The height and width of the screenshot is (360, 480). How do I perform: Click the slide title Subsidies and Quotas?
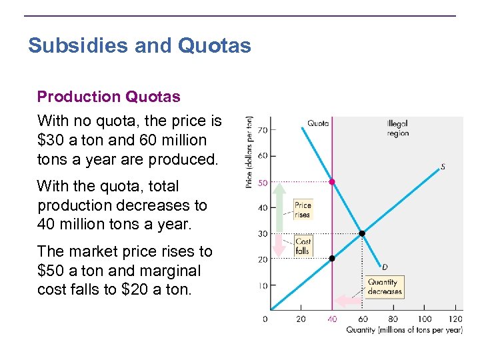click(x=139, y=46)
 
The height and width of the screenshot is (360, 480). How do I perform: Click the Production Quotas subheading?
click(x=109, y=97)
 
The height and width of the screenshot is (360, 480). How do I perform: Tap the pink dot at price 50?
click(x=332, y=181)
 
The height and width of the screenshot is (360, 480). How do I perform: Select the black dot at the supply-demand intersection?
click(x=362, y=233)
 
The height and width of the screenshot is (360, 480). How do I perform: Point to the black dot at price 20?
click(x=332, y=258)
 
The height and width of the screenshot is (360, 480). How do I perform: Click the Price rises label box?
click(x=303, y=210)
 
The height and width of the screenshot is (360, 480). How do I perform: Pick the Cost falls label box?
click(x=303, y=247)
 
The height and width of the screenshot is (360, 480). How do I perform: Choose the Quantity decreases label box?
click(x=385, y=287)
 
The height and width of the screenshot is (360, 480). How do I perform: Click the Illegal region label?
click(x=397, y=128)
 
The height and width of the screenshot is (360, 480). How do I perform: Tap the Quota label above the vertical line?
click(x=318, y=123)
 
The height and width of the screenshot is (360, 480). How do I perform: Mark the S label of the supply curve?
click(x=443, y=167)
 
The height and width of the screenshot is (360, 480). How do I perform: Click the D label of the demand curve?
click(x=385, y=267)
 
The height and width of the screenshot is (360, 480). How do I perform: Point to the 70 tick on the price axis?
click(x=263, y=129)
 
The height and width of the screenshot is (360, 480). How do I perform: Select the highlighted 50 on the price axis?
click(x=263, y=181)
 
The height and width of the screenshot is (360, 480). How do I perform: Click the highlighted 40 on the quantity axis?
click(x=332, y=319)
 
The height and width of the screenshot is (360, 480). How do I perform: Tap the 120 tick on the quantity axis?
click(x=456, y=319)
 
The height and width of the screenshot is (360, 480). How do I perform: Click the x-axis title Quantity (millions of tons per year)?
click(x=404, y=330)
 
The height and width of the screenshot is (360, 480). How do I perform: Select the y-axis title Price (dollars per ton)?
click(x=249, y=152)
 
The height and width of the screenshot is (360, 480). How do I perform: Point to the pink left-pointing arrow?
click(x=346, y=301)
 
